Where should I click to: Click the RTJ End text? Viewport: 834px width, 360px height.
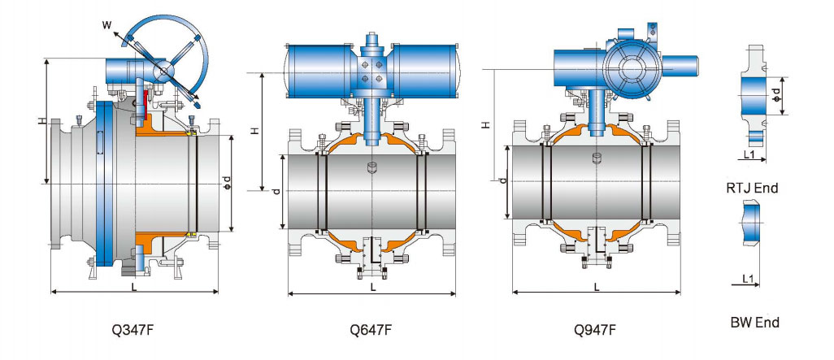coord(752,188)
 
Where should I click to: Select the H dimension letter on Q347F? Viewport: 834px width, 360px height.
coord(41,121)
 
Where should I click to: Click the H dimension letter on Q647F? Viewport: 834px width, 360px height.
coord(254,131)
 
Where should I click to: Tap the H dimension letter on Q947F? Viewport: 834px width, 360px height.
coord(485,125)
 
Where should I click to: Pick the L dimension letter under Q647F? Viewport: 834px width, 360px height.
coord(372,287)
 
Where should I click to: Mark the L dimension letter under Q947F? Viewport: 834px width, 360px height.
coord(596,286)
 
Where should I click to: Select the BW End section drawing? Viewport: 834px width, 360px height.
coord(751,223)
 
